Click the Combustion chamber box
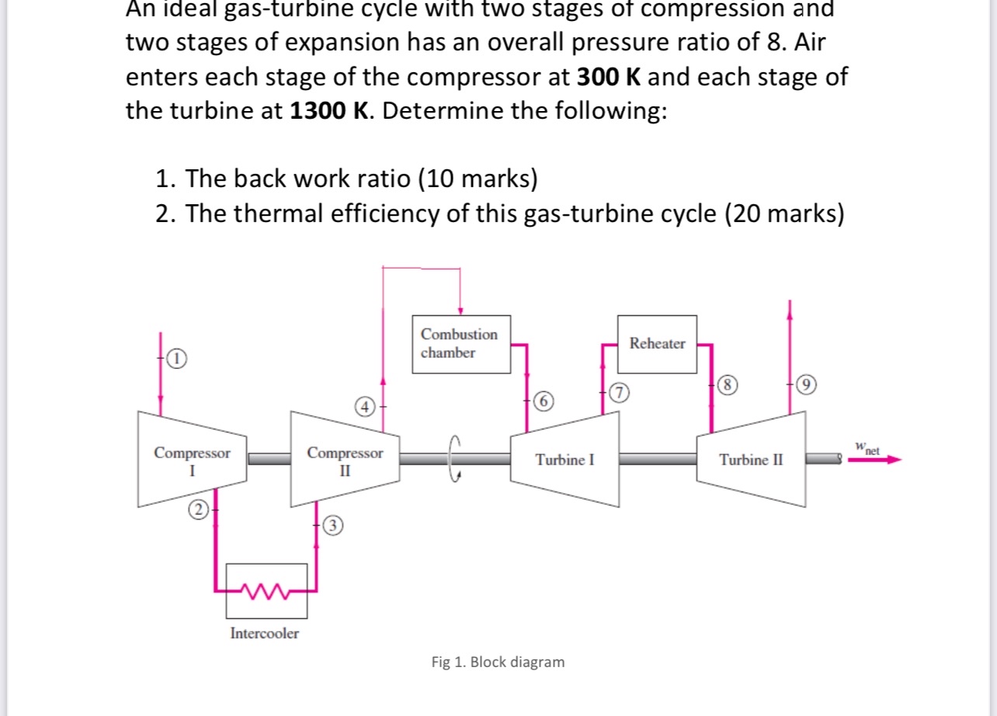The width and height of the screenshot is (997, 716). click(460, 343)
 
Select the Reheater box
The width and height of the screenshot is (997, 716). click(657, 342)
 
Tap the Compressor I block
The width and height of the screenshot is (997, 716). click(192, 460)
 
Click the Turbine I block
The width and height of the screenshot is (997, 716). click(565, 460)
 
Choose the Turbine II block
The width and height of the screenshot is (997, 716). click(751, 460)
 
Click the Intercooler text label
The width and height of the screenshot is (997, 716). click(264, 633)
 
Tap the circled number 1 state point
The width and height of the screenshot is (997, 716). click(177, 358)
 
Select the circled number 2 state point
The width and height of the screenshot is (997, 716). click(199, 509)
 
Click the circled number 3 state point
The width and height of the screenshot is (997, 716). click(332, 525)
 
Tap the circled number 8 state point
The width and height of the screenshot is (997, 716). click(726, 383)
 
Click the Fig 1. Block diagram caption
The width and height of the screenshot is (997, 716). click(498, 662)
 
